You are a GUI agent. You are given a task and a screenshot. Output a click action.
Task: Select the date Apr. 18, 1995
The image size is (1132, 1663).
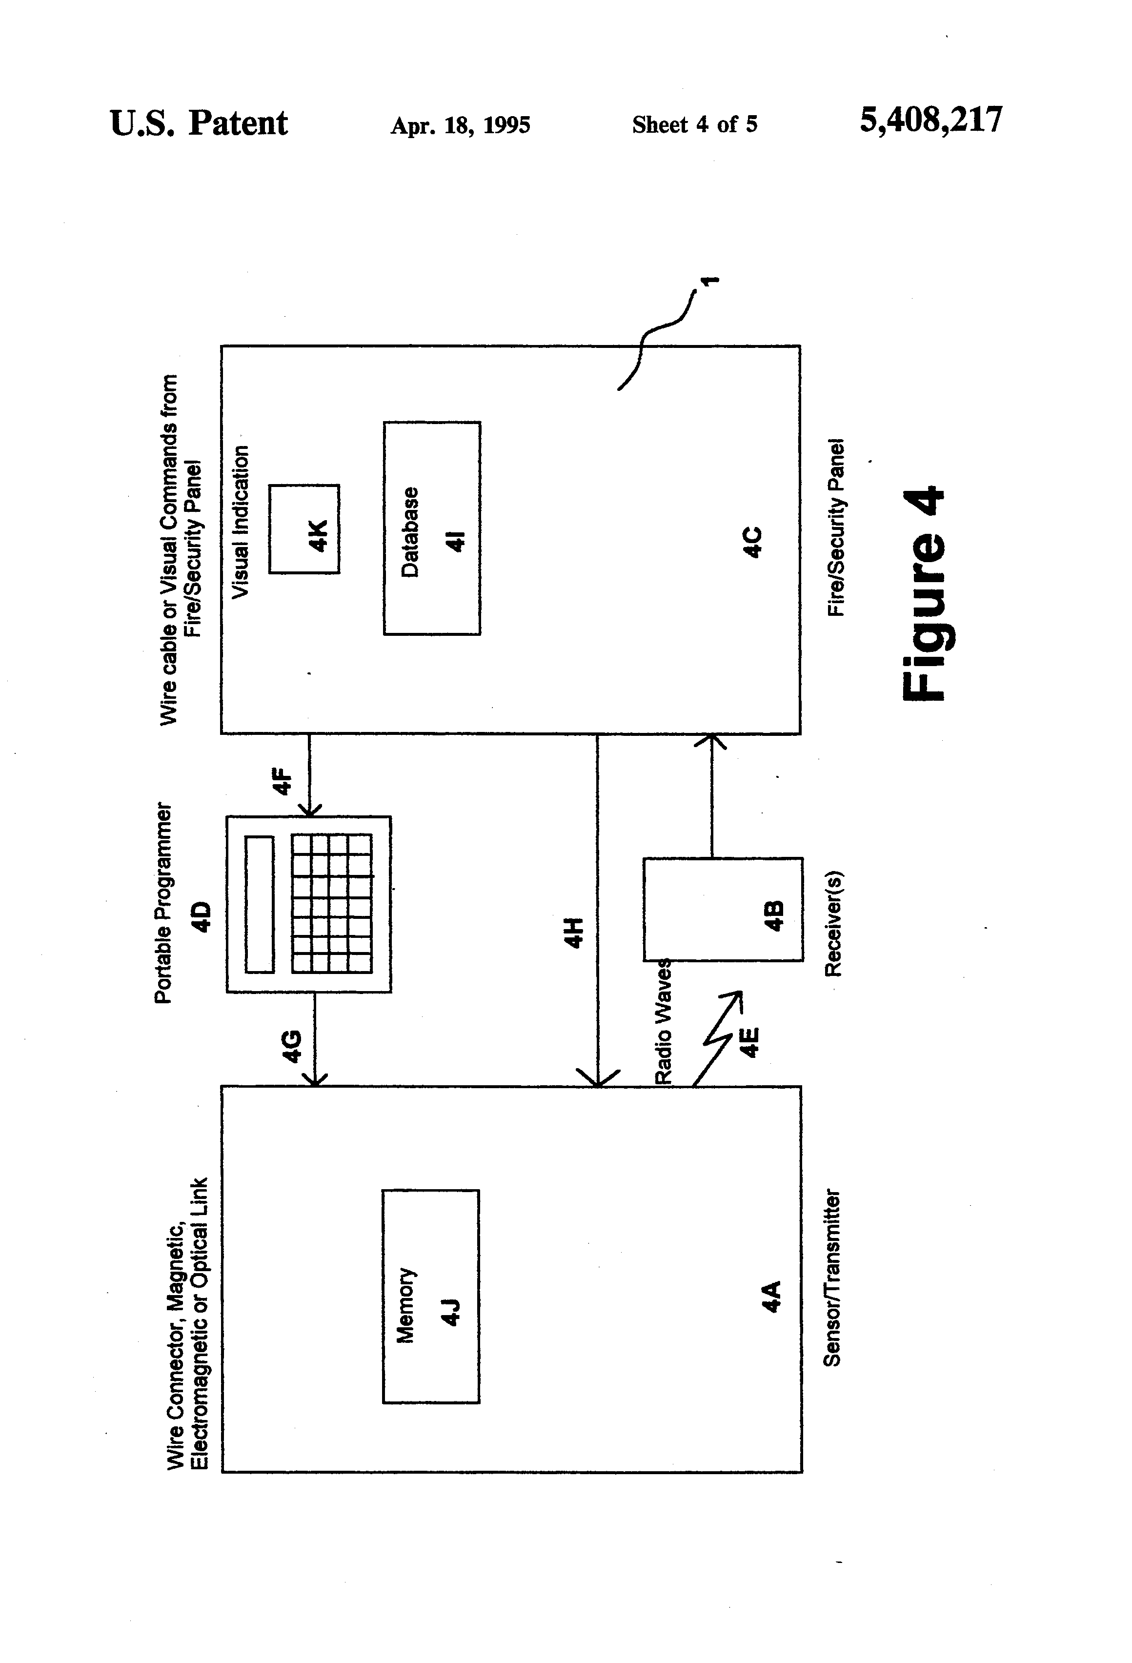[460, 125]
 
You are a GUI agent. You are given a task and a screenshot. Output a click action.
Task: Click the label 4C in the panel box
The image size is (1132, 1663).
[752, 542]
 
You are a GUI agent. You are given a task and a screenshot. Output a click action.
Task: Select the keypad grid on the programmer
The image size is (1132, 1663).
[332, 903]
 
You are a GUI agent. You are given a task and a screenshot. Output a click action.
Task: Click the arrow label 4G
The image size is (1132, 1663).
[292, 1046]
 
